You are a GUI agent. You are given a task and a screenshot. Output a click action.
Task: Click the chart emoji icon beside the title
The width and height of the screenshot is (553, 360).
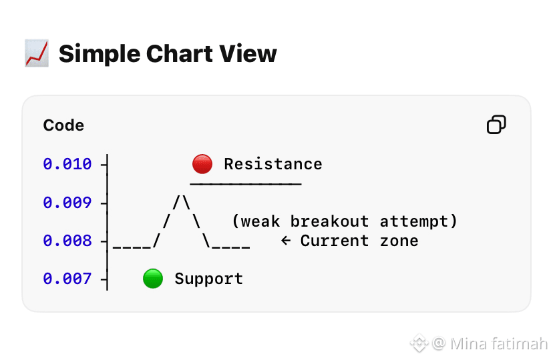coord(37,53)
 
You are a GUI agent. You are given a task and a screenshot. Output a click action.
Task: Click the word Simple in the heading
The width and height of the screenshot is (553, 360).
coord(100,54)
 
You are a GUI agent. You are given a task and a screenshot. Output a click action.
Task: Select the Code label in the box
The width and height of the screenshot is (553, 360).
coord(63,125)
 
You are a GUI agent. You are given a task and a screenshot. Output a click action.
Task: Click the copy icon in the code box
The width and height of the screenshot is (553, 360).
coord(497,125)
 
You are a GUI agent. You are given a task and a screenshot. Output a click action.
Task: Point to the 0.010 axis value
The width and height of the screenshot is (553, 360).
coord(67,164)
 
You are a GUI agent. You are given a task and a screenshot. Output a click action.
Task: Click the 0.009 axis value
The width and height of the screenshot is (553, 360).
coord(67,203)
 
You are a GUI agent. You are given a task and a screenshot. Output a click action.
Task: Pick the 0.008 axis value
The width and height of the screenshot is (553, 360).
coord(67,241)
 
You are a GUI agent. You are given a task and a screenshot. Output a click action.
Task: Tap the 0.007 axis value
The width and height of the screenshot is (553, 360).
coord(67,279)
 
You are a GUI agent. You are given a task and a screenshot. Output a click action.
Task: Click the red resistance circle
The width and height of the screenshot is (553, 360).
coord(202,164)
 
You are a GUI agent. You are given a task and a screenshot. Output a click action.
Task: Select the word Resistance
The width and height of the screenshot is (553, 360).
coord(273,165)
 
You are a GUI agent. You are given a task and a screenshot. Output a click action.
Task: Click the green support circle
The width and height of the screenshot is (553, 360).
coord(153,279)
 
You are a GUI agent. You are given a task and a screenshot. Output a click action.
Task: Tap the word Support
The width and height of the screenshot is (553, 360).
coord(209,279)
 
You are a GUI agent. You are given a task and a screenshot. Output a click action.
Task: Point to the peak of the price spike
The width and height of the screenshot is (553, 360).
coord(182,197)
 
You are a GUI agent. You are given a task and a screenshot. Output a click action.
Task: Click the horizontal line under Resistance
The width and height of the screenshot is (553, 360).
coord(246,184)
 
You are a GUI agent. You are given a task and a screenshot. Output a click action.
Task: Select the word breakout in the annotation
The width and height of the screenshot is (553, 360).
coord(329,221)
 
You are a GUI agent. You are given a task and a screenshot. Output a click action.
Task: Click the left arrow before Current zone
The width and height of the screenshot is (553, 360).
coord(286,241)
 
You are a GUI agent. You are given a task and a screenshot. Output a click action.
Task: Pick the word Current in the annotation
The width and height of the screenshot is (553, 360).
coord(335,241)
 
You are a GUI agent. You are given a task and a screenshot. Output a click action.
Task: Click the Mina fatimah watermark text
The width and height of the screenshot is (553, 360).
coord(499,344)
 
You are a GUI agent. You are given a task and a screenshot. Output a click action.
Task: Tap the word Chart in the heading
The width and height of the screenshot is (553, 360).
coord(180,54)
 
